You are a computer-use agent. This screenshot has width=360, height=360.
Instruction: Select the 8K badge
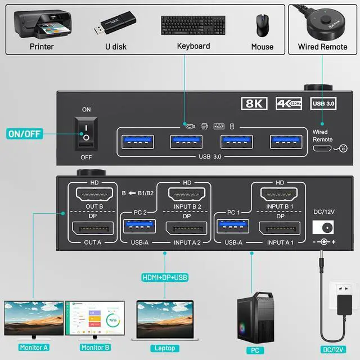click(254, 103)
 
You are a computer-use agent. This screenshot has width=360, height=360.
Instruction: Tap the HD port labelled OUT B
click(93, 196)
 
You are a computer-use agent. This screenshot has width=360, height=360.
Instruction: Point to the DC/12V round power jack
click(323, 227)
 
